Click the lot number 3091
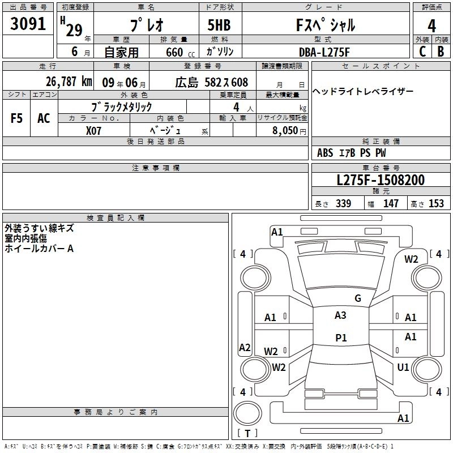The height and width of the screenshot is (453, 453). click(x=28, y=25)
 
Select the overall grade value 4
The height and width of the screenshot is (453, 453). click(x=431, y=25)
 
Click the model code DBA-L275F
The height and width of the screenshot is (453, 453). click(x=324, y=52)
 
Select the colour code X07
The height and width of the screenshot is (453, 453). click(x=94, y=130)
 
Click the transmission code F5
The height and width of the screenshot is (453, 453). click(x=17, y=118)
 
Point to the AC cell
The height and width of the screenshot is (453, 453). click(x=44, y=118)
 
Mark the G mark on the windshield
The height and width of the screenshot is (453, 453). click(x=357, y=298)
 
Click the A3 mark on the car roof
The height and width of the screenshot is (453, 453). click(x=340, y=315)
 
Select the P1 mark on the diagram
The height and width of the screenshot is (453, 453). click(x=341, y=338)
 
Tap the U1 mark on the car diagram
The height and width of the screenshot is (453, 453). click(x=403, y=367)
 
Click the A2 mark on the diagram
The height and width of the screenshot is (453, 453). click(x=245, y=347)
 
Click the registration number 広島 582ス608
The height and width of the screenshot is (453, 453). click(x=211, y=83)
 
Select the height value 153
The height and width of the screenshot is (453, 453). click(x=436, y=204)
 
